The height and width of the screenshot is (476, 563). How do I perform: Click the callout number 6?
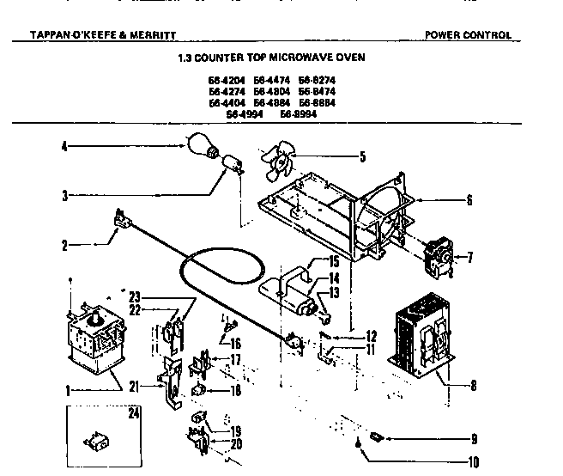[x=469, y=200]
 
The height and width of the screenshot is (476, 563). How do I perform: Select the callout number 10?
[x=471, y=461]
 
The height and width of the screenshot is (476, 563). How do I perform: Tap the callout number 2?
[x=64, y=245]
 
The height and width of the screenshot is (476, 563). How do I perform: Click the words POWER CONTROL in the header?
[x=468, y=35]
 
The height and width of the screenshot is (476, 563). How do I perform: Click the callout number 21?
[x=133, y=386]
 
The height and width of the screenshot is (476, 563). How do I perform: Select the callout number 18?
[x=236, y=391]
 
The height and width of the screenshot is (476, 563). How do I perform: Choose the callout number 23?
[x=134, y=296]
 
